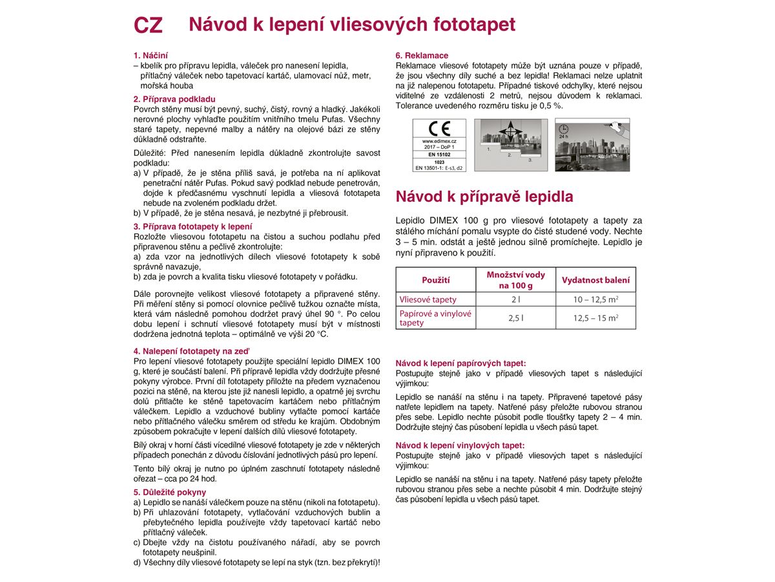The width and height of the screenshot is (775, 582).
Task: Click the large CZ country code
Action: (x=148, y=25)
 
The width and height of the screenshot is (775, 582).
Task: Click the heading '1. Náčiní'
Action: (x=150, y=56)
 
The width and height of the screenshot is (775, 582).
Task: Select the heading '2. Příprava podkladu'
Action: (x=174, y=99)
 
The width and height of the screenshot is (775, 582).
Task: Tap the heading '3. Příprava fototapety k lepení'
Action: (x=193, y=226)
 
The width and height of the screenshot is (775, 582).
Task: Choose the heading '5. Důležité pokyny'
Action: (x=170, y=492)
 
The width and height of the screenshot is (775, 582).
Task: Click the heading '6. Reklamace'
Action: (x=422, y=56)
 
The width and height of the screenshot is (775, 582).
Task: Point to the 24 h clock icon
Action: (x=563, y=129)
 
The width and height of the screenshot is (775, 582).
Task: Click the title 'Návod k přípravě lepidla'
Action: (x=484, y=197)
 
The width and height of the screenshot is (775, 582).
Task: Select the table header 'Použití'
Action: (x=436, y=280)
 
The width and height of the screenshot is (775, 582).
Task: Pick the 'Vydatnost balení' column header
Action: (x=595, y=280)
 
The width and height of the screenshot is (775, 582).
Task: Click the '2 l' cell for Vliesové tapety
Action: (x=515, y=299)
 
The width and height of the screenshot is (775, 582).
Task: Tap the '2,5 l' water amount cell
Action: (x=515, y=318)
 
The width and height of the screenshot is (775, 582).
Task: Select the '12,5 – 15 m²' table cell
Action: (x=595, y=318)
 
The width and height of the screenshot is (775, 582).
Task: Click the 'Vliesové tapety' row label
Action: (x=428, y=299)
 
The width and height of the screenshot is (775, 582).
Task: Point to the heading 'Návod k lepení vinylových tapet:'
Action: (x=460, y=446)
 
